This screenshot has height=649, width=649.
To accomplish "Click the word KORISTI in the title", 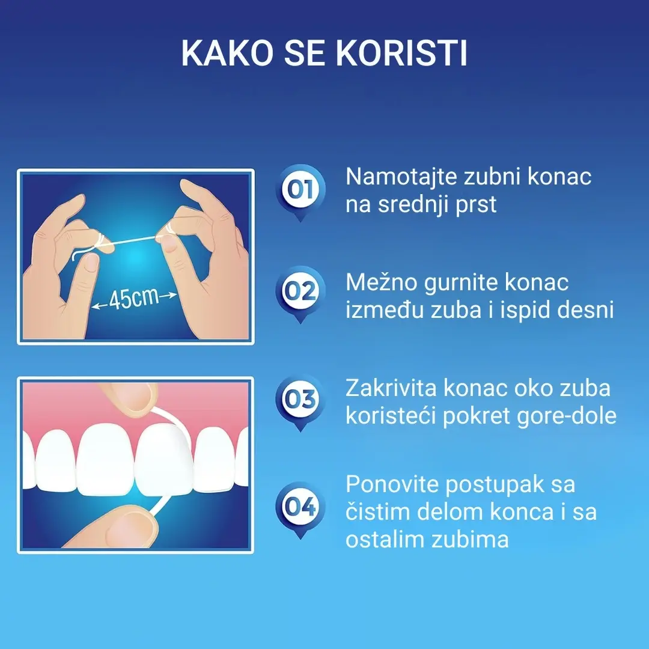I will tap(401, 54).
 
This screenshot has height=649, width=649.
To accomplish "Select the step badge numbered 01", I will tap(300, 190).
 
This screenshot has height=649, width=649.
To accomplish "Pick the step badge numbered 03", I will tap(300, 400).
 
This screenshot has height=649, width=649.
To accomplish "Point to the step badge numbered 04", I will tap(300, 508).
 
